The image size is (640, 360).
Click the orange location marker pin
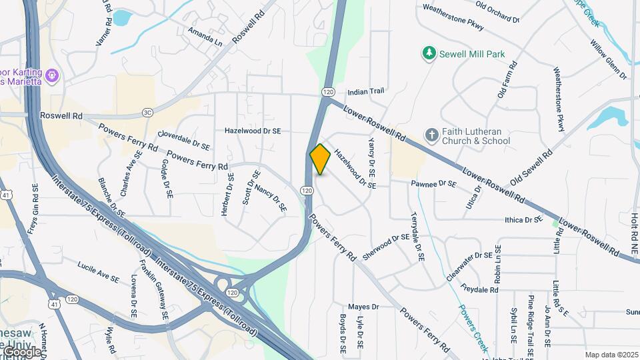tap(320, 159)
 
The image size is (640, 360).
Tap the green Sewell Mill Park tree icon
tap(431, 53)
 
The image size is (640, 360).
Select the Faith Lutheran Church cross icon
tap(431, 135)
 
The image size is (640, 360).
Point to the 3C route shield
tap(147, 113)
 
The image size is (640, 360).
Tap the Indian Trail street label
tap(367, 92)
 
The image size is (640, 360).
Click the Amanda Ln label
tap(204, 37)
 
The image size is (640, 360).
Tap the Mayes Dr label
tap(363, 307)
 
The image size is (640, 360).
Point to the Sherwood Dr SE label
tap(385, 247)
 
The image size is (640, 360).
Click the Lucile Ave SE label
tap(98, 270)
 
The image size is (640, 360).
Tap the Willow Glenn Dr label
tap(608, 59)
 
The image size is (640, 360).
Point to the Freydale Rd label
tap(479, 290)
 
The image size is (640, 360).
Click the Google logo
tap(22, 351)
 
